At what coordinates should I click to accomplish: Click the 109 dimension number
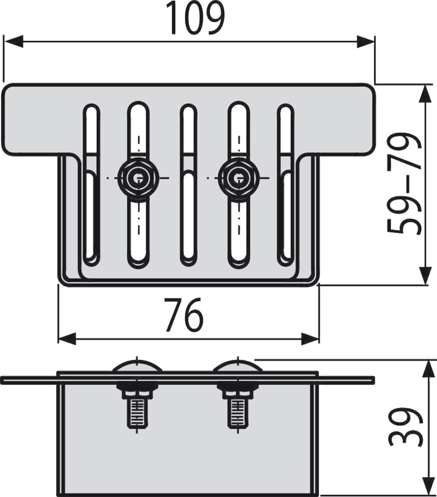click(195, 18)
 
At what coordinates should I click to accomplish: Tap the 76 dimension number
click(184, 314)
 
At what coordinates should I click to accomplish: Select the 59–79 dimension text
click(404, 184)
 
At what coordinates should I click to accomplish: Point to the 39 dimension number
click(405, 427)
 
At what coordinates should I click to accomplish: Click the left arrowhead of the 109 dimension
click(13, 41)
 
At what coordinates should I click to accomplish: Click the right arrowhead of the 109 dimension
click(365, 41)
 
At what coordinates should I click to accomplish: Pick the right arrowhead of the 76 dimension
click(310, 339)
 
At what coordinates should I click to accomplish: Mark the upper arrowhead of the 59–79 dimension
click(426, 94)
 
